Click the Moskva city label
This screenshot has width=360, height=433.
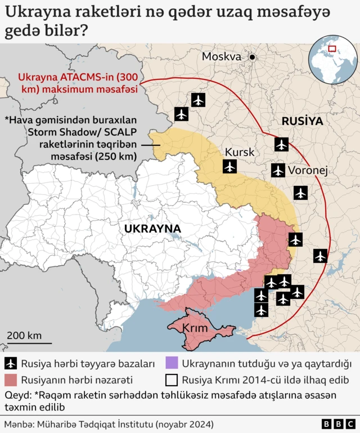tap(222, 57)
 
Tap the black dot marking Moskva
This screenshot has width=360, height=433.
tap(253, 57)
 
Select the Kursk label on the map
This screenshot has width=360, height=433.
tap(240, 153)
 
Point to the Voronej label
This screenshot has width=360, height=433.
tap(308, 170)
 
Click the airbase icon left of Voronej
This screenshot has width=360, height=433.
tap(278, 170)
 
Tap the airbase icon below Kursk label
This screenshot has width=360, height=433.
tap(229, 167)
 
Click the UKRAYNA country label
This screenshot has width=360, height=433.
tap(152, 229)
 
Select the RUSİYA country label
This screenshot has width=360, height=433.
tap(302, 121)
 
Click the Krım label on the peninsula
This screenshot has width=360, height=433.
tap(196, 328)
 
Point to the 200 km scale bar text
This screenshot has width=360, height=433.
tap(24, 335)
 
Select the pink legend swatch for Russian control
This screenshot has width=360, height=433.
tap(11, 380)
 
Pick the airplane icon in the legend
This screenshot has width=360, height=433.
tap(11, 364)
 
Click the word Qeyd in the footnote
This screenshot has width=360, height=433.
tap(16, 395)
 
